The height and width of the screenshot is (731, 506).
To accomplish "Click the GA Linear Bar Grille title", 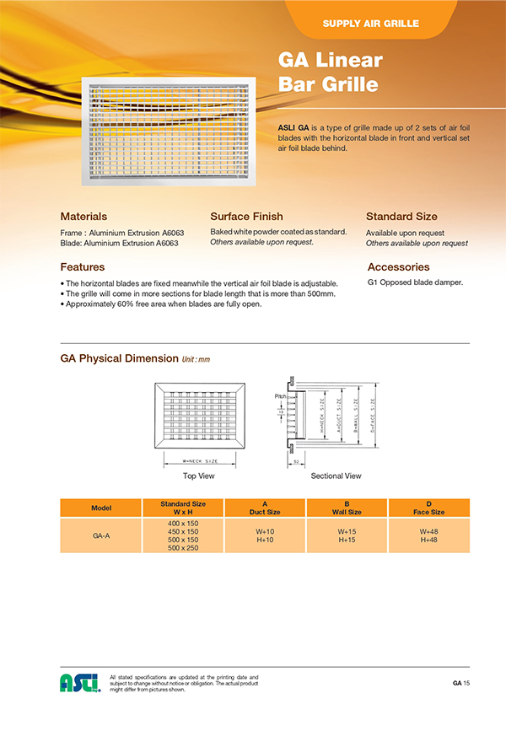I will pyautogui.click(x=330, y=72).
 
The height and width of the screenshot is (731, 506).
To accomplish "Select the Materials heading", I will pyautogui.click(x=83, y=217).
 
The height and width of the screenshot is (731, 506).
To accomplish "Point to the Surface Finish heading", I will pyautogui.click(x=246, y=217).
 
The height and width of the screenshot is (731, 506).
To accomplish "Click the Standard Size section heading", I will pyautogui.click(x=401, y=217).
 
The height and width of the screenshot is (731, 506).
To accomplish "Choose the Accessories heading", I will pyautogui.click(x=398, y=266).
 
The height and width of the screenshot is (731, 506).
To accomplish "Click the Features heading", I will pyautogui.click(x=83, y=266).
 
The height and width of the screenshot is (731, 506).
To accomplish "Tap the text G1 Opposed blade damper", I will pyautogui.click(x=415, y=282).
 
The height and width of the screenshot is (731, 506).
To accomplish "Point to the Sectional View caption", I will pyautogui.click(x=336, y=476).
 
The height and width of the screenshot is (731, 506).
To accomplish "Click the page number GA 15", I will pyautogui.click(x=460, y=682).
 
